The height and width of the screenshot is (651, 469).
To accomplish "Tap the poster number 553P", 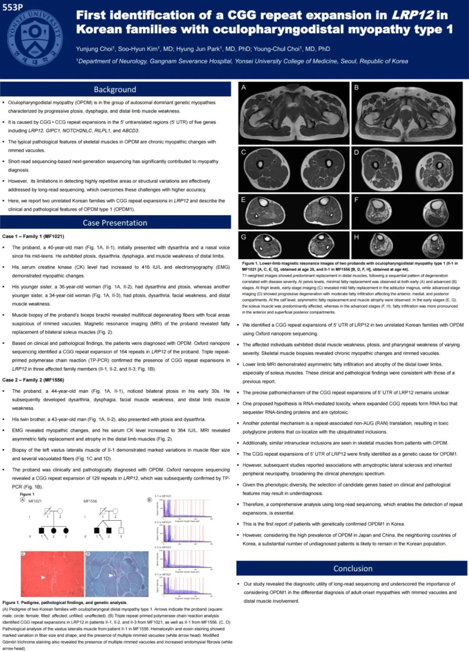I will click(x=13, y=7).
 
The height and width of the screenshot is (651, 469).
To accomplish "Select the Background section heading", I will click(x=115, y=90).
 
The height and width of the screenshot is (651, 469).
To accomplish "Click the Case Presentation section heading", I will click(x=115, y=223).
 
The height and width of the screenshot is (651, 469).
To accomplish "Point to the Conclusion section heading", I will click(x=353, y=568).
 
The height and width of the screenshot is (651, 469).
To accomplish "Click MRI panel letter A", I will click(x=244, y=87).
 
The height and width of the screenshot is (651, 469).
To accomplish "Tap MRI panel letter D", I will click(x=357, y=152).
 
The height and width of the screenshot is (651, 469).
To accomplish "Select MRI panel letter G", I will click(x=244, y=237).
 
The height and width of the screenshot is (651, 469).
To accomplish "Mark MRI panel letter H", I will click(x=357, y=237).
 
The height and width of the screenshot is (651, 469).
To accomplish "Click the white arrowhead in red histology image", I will click(x=43, y=577).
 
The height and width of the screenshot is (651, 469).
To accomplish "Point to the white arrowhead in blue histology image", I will click(x=111, y=575).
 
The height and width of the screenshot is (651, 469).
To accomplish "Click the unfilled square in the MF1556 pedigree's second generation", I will click(x=121, y=530).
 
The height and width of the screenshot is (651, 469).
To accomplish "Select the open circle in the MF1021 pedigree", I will click(x=60, y=511).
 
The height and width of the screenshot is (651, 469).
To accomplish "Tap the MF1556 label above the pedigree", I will click(x=90, y=501).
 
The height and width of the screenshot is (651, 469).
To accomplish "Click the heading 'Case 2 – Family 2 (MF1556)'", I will click(x=33, y=380).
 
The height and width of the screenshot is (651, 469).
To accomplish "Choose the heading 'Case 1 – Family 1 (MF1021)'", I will click(x=33, y=236).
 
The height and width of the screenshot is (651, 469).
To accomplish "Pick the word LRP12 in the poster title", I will click(x=412, y=15).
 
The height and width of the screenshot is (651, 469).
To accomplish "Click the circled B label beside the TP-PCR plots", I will click(x=149, y=500).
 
